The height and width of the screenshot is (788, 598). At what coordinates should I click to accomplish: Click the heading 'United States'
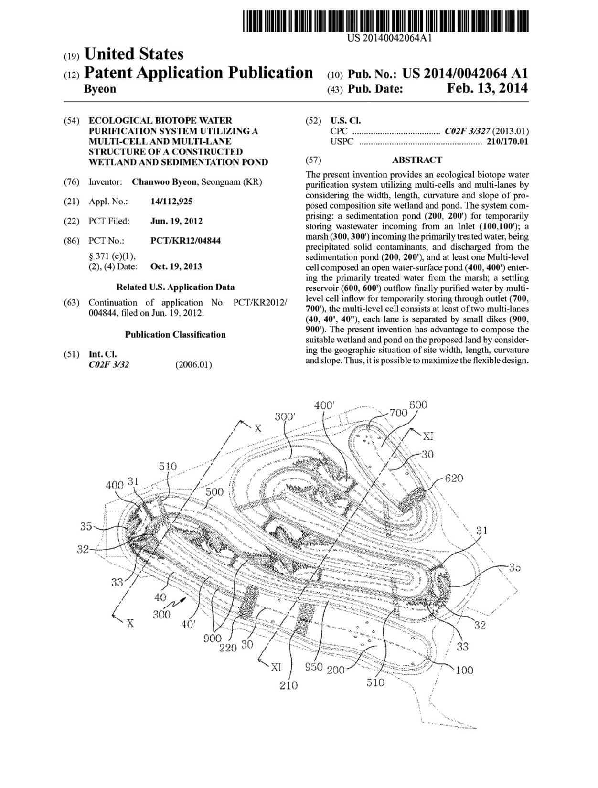pyautogui.click(x=134, y=53)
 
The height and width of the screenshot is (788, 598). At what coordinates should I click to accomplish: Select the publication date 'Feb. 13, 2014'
pyautogui.click(x=487, y=88)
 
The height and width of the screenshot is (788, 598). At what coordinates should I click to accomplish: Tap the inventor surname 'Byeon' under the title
pyautogui.click(x=99, y=89)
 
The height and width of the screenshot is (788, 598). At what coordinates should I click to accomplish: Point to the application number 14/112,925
pyautogui.click(x=171, y=202)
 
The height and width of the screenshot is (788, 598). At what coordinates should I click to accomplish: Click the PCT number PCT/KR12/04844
pyautogui.click(x=185, y=241)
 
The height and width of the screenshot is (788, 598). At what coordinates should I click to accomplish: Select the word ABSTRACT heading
pyautogui.click(x=417, y=160)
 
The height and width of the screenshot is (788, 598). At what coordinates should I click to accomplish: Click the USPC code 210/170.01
pyautogui.click(x=507, y=141)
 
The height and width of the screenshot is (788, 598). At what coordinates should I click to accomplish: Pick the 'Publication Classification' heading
pyautogui.click(x=175, y=335)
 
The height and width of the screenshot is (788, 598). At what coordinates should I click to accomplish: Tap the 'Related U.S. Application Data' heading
pyautogui.click(x=175, y=287)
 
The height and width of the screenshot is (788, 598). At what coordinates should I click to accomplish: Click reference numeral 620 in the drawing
pyautogui.click(x=454, y=478)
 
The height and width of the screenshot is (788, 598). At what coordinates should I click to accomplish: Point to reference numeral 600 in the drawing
pyautogui.click(x=418, y=405)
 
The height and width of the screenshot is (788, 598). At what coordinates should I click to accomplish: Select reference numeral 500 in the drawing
pyautogui.click(x=214, y=492)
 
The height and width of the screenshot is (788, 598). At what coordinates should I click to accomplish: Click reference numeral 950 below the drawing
pyautogui.click(x=314, y=667)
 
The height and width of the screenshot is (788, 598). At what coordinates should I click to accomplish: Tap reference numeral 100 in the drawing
pyautogui.click(x=464, y=670)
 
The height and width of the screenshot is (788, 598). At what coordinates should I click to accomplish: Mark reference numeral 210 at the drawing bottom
pyautogui.click(x=288, y=685)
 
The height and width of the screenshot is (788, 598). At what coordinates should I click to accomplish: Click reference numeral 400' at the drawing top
pyautogui.click(x=324, y=405)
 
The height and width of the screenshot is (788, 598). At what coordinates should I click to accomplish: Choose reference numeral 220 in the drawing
pyautogui.click(x=228, y=648)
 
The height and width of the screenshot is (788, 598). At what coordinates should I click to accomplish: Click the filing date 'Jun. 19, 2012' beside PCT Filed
pyautogui.click(x=176, y=221)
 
